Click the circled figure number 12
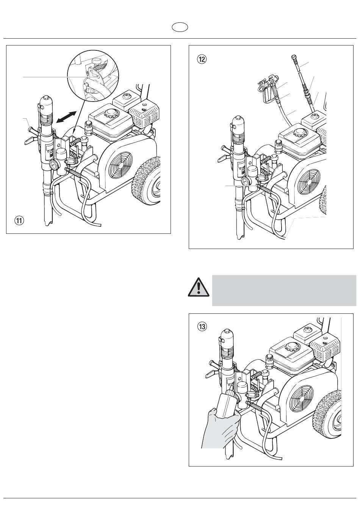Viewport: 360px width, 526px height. tap(202, 59)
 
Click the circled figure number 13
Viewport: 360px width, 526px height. tap(202, 327)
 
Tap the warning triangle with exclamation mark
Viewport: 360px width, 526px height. tap(199, 287)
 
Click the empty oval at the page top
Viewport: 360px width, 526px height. tap(180, 27)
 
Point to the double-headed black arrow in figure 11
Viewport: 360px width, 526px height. tap(67, 117)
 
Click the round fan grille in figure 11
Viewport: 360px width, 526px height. tap(121, 165)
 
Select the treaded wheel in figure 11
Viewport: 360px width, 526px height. tap(147, 181)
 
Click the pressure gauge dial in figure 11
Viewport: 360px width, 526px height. tap(54, 165)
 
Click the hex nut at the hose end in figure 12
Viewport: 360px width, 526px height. tap(294, 57)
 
